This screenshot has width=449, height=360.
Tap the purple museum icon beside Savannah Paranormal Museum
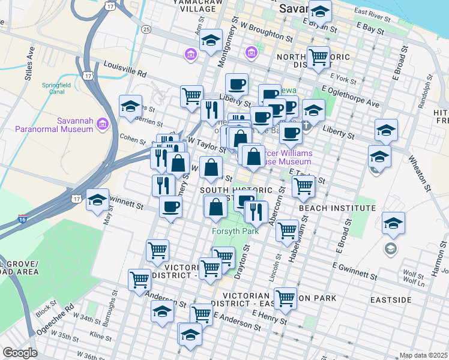coord(102,124)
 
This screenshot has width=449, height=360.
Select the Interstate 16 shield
coord(22,218)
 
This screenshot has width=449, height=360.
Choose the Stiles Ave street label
coord(29,59)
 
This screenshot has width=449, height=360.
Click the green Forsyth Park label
coord(235,229)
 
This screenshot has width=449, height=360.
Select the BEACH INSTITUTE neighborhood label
coord(337,208)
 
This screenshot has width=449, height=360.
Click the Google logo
coord(20,353)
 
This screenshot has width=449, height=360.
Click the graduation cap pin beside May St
coord(97,201)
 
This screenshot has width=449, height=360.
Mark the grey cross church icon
coord(306,125)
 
